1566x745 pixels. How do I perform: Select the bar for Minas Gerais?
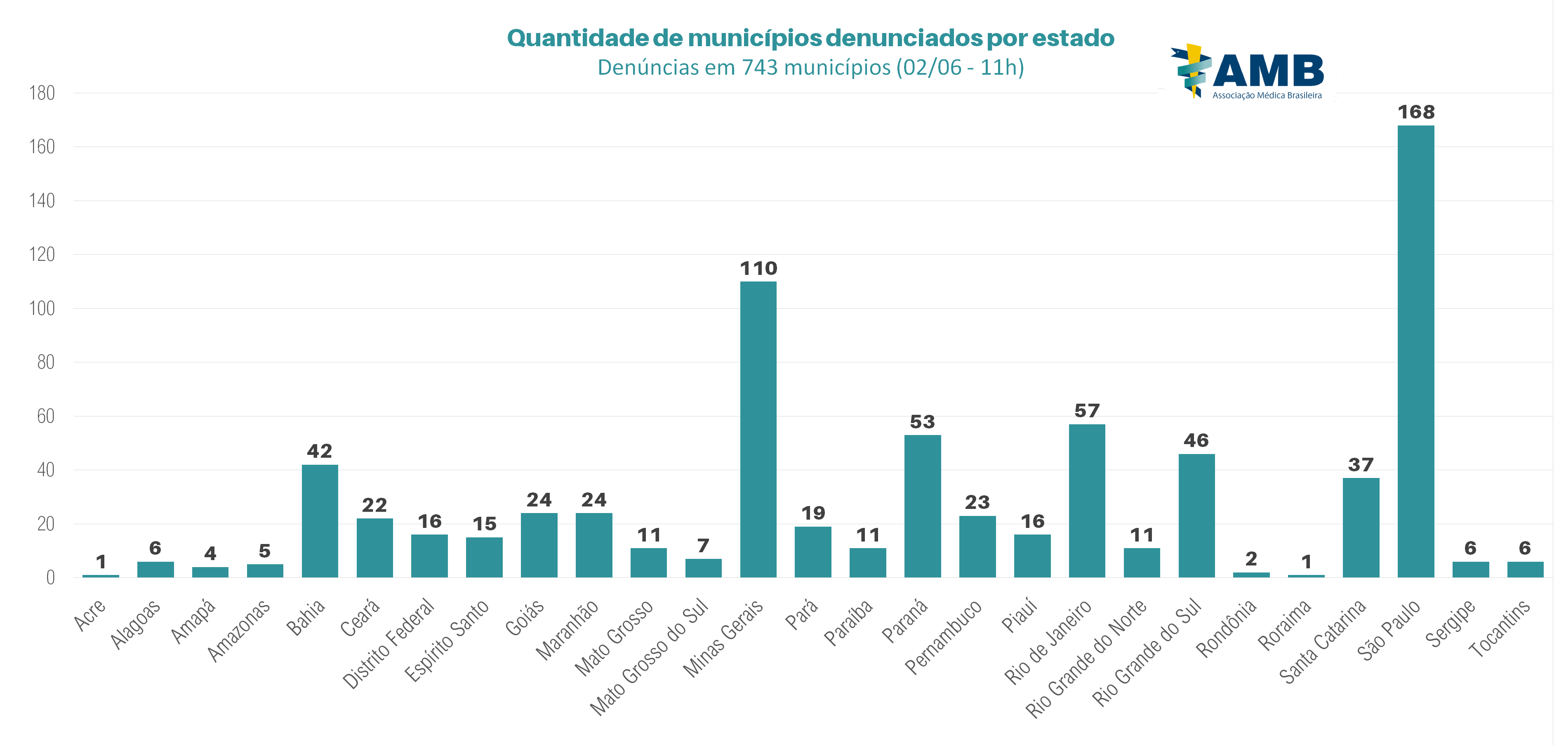(x=758, y=429)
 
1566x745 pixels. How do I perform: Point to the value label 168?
(x=1416, y=113)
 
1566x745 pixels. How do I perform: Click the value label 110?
(x=758, y=269)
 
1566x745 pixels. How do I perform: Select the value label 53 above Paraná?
(x=922, y=422)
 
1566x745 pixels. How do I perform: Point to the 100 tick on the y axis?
(x=42, y=308)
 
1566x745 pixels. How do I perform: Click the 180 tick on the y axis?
(x=42, y=93)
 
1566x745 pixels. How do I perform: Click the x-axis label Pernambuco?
(x=944, y=636)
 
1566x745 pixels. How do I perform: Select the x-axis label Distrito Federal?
(x=389, y=643)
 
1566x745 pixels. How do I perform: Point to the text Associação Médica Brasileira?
(x=1267, y=95)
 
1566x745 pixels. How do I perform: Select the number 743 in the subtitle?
(x=759, y=67)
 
